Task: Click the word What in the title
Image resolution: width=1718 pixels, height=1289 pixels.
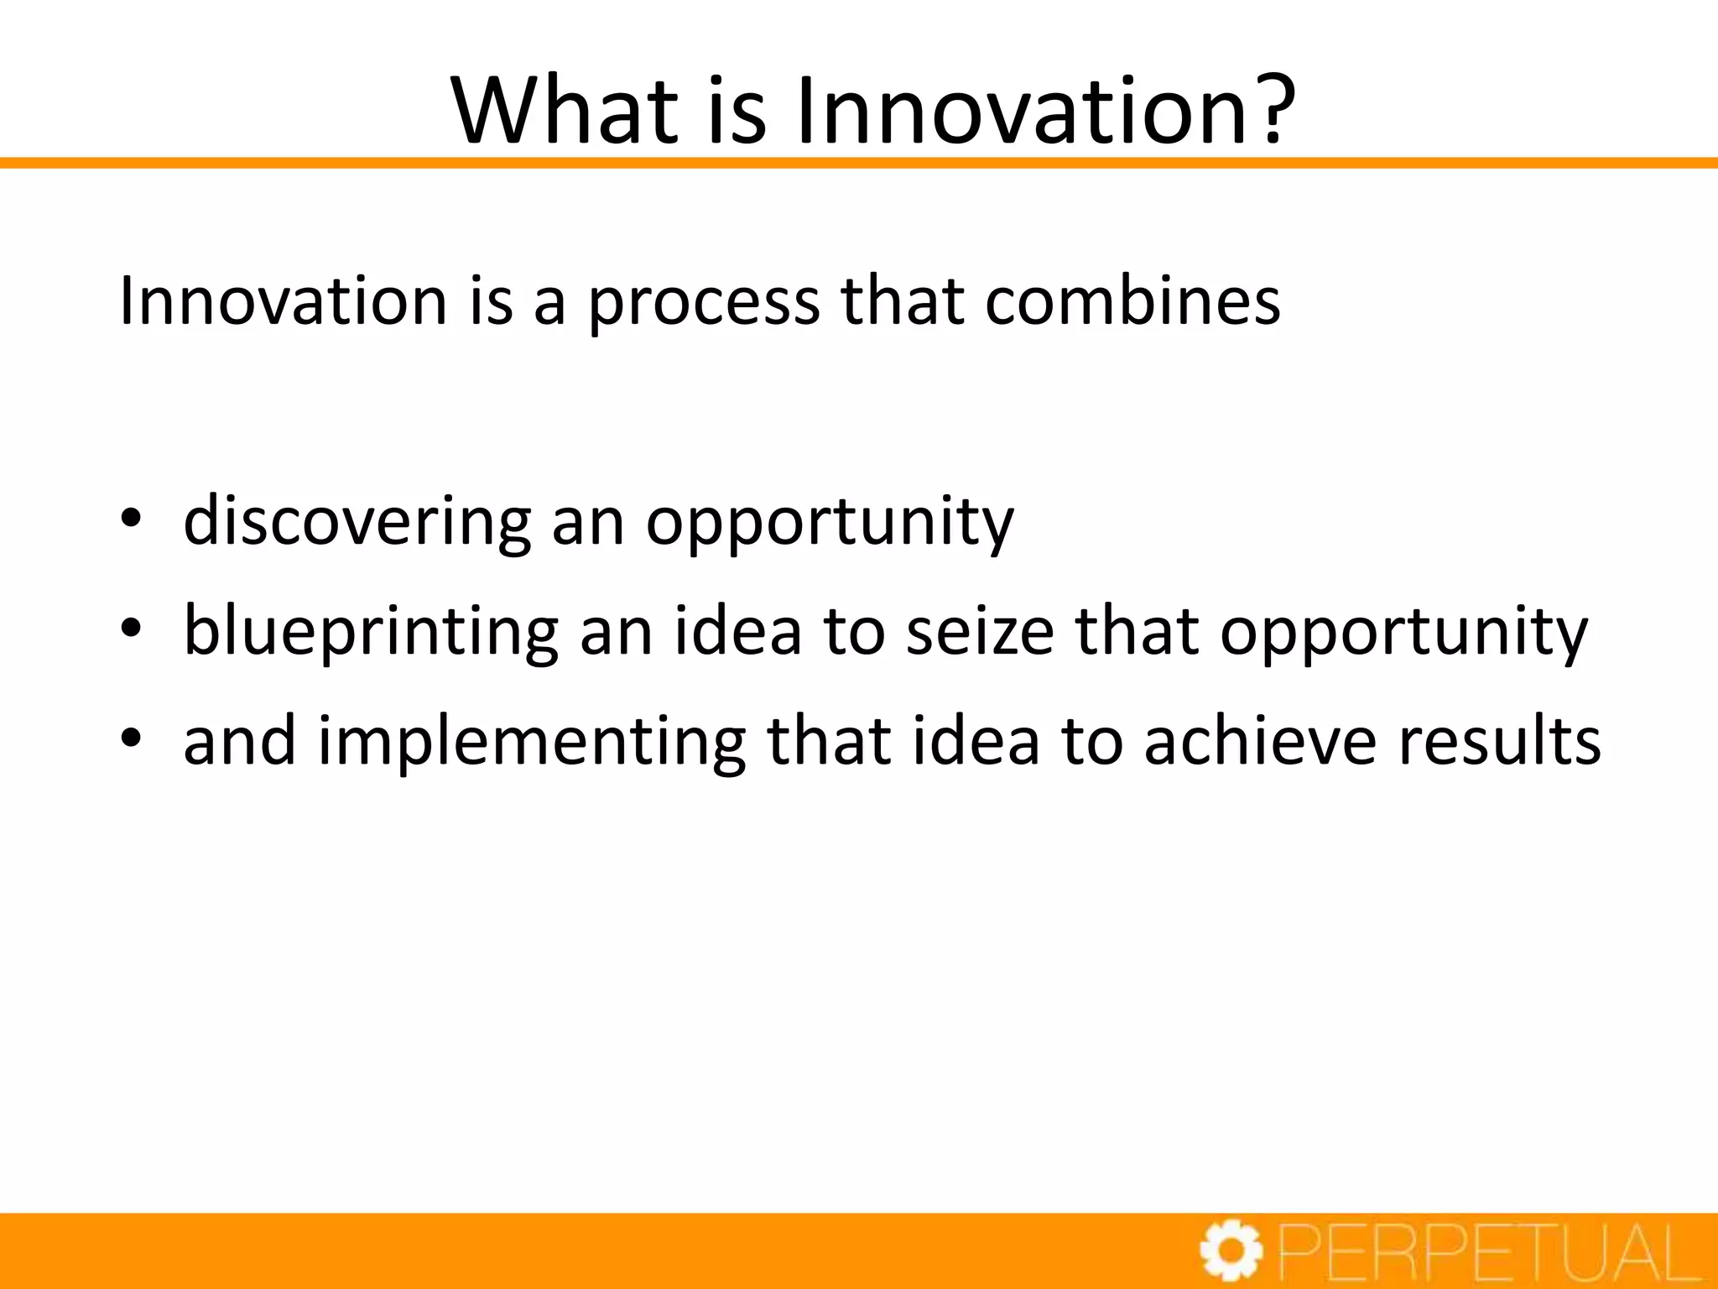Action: coord(564,111)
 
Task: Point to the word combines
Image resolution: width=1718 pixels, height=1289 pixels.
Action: coord(1132,300)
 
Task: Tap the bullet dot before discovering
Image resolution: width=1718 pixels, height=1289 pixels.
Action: coord(130,520)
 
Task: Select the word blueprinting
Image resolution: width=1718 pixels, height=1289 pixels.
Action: coord(371,632)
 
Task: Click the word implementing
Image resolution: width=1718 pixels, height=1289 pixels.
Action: coord(532,742)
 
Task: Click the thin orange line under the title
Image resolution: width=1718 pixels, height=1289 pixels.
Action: coord(859,163)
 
